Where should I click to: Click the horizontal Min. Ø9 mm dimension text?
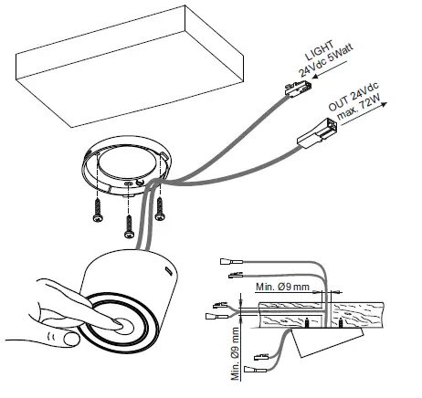coord(283,287)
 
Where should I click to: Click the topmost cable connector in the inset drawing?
coord(233,260)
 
